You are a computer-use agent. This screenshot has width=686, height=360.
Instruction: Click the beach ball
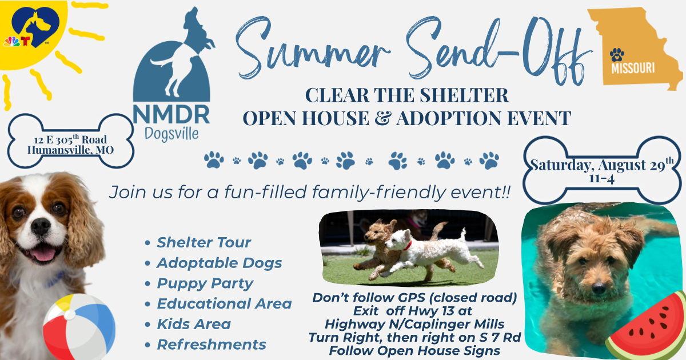point(79,327)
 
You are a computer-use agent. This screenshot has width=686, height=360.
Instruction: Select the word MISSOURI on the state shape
point(633,68)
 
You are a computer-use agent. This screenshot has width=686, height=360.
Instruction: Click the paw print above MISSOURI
point(617,54)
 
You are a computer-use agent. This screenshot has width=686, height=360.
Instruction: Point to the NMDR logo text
point(171,114)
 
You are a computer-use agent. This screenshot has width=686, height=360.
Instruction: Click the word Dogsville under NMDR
point(171,134)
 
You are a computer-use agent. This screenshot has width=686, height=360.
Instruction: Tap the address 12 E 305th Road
point(70,139)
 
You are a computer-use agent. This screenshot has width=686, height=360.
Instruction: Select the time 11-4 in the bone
point(602,178)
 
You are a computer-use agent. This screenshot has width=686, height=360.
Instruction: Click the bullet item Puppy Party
point(205,283)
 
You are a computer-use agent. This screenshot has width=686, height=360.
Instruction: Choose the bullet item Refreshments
point(212,345)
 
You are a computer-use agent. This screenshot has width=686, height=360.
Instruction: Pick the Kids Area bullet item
point(194,324)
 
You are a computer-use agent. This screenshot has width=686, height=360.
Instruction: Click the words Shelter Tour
point(204,242)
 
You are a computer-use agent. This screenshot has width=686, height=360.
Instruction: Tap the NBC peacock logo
point(11,42)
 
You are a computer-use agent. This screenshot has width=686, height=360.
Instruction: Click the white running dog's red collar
point(407,246)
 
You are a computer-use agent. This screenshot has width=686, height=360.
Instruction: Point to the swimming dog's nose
point(599,288)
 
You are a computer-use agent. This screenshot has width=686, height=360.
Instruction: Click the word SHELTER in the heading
point(464,95)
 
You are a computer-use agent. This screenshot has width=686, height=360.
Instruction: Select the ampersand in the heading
point(383,118)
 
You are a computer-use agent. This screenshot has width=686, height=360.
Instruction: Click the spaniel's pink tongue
point(43,254)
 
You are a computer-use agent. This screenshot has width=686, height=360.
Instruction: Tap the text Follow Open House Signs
point(414,351)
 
